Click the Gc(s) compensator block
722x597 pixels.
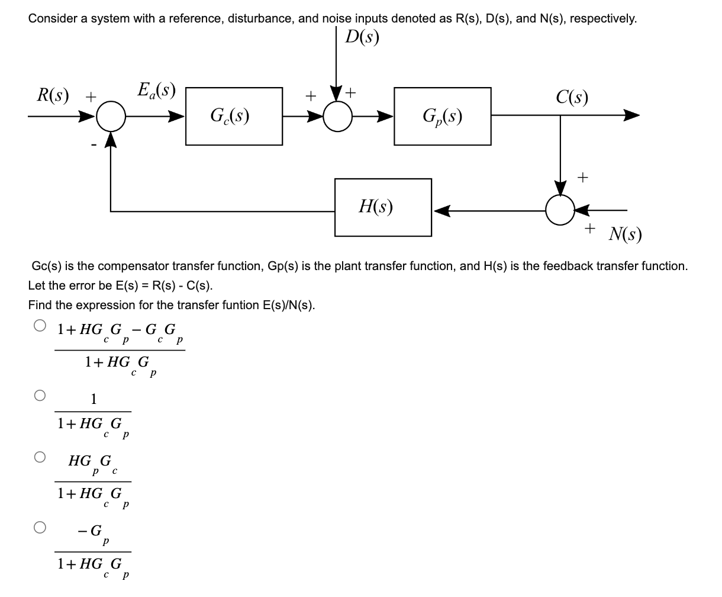pos(234,116)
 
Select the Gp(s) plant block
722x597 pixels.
pos(443,116)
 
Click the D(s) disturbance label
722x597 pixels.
pos(362,37)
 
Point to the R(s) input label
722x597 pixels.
pos(53,94)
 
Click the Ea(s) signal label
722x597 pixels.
pos(156,90)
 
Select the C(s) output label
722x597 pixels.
pos(572,96)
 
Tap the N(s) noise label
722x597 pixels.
pos(625,235)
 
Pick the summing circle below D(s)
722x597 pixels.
pos(337,116)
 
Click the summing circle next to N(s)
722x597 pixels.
pos(559,210)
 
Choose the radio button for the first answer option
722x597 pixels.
pos(39,325)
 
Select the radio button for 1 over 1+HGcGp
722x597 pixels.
pos(39,396)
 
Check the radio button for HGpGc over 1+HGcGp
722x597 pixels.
pos(39,457)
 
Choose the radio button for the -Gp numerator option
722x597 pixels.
pos(39,526)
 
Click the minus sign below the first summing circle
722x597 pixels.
pos(92,144)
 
